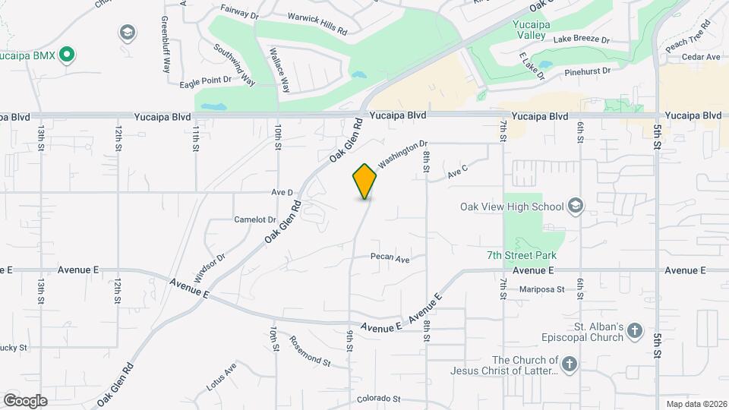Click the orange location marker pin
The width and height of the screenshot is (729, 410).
[364, 181]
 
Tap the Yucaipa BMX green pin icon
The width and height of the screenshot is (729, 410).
[67, 54]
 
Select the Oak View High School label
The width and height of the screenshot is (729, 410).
[512, 207]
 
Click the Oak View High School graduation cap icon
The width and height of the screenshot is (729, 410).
[576, 206]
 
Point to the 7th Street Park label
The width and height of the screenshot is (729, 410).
[522, 256]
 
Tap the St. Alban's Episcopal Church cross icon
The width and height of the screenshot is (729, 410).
[635, 330]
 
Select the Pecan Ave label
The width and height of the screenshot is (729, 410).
[390, 258]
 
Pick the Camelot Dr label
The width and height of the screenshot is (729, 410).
[254, 219]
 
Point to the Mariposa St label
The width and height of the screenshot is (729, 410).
[542, 289]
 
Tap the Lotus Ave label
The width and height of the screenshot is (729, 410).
[221, 377]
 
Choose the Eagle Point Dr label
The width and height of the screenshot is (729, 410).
[205, 80]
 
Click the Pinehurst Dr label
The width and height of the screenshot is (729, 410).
[588, 71]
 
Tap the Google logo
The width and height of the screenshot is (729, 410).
[25, 400]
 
